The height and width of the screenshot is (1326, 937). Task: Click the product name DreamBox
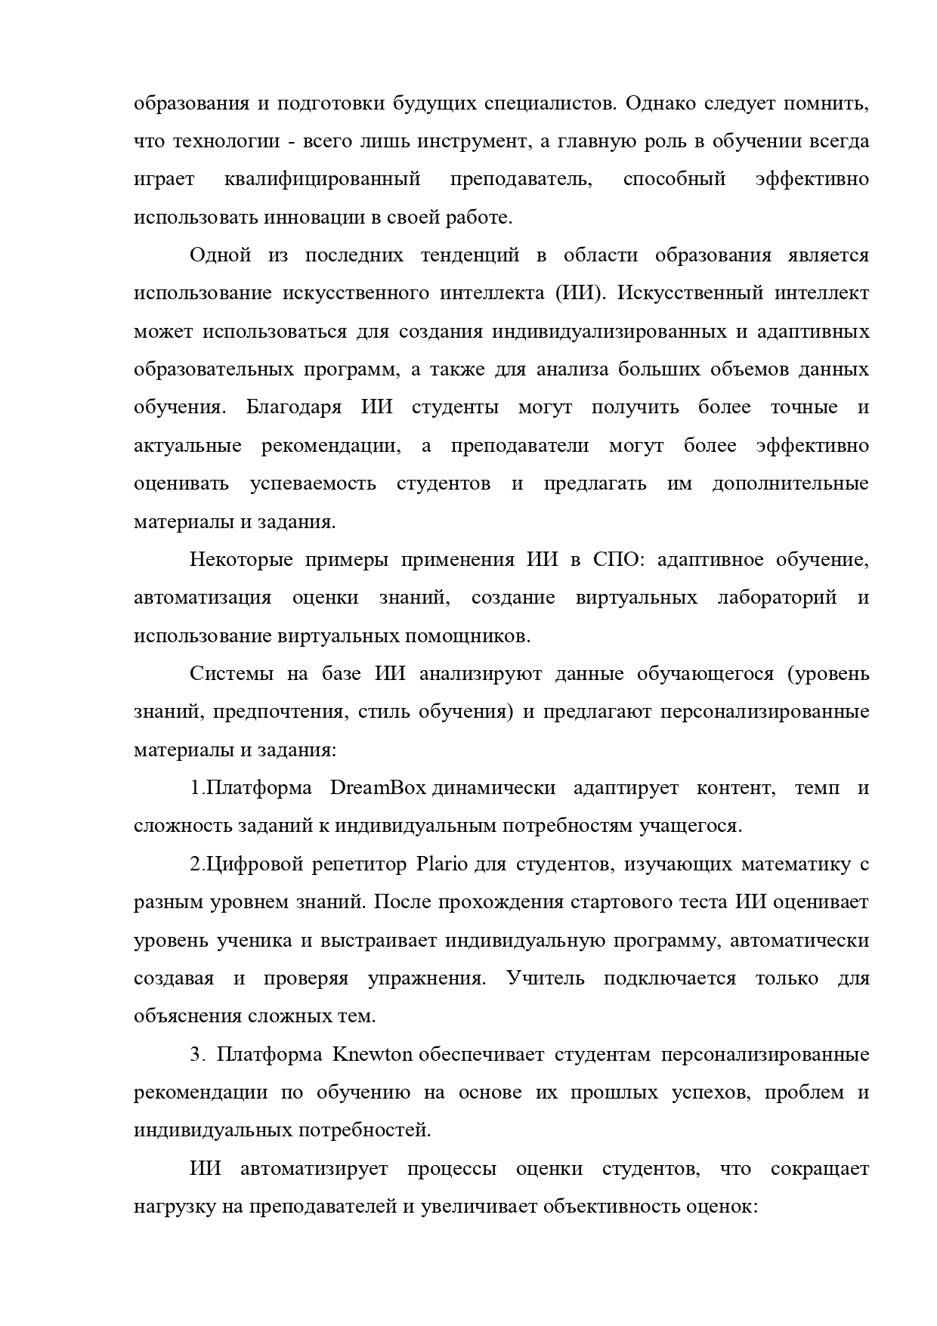pyautogui.click(x=379, y=788)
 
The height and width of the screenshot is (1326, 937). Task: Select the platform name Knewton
pyautogui.click(x=372, y=1055)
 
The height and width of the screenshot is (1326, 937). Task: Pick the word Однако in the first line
pyautogui.click(x=658, y=103)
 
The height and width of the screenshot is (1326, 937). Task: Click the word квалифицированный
pyautogui.click(x=322, y=179)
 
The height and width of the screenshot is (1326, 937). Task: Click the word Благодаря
pyautogui.click(x=293, y=407)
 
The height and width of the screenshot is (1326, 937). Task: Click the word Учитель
pyautogui.click(x=546, y=978)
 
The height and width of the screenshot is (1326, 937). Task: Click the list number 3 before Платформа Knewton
pyautogui.click(x=196, y=1055)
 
